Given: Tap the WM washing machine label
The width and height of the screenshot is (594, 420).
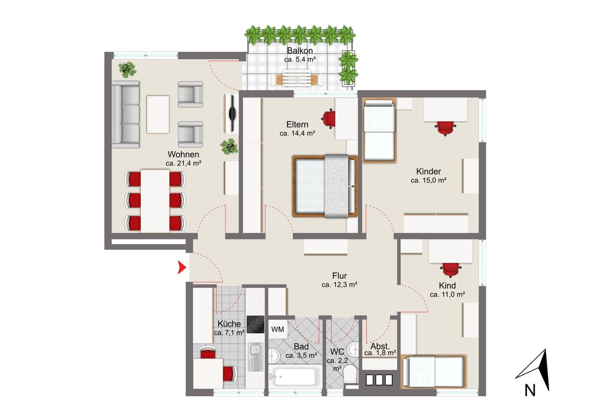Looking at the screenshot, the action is pos(278,330).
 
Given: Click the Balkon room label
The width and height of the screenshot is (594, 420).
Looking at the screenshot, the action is pos(300,51).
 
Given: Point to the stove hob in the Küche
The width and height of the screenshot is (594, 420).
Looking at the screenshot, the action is pos(255,324).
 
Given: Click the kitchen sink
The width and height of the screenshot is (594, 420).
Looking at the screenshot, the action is pos(255,356).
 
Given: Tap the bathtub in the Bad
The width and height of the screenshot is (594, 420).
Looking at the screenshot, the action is pos(295,376).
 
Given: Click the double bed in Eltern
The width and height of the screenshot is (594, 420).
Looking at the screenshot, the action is pos(325,186).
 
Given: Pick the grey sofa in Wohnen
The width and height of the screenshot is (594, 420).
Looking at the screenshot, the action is pos(126,114).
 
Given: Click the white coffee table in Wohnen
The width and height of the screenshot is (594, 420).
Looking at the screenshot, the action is pos(158,114).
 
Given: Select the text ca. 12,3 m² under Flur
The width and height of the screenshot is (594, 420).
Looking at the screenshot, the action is pos(339,285).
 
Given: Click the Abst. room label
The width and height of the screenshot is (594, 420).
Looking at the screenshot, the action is pos(380,346).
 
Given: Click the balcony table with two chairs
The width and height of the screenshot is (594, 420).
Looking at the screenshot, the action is pos(297,78).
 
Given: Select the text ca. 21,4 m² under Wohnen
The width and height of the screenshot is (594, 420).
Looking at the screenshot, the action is pos(183,163).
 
